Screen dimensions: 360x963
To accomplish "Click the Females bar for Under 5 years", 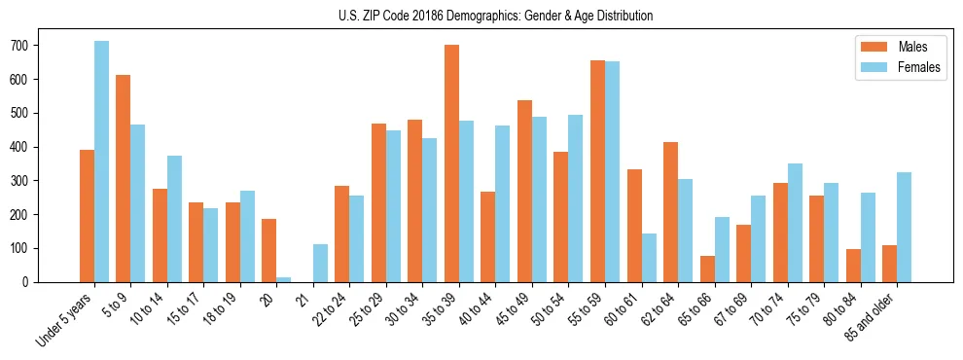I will [101, 162].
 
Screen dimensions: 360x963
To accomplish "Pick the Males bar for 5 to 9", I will [123, 178].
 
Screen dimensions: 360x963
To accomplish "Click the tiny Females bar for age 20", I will [283, 279].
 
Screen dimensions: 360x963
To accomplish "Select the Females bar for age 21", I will [320, 263].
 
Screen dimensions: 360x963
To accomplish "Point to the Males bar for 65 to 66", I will [706, 269].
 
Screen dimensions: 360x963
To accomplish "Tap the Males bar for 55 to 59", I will [597, 171].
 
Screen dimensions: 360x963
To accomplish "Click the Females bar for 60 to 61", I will [649, 258].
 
